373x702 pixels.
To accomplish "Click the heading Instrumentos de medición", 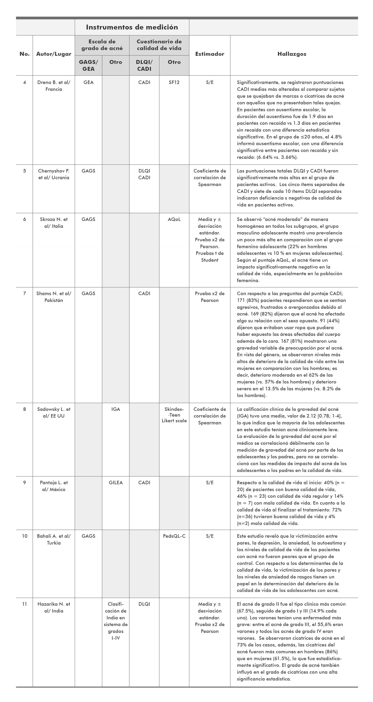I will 132,27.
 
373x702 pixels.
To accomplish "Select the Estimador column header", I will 210,54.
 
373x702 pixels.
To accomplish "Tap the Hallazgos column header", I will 292,54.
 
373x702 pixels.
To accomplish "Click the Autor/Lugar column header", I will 54,54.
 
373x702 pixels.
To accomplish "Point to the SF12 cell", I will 174,82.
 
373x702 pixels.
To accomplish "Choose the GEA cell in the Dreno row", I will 88,82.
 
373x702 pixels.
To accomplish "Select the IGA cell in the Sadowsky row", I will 116,409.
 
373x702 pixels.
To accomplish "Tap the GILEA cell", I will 116,483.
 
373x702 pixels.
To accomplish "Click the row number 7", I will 24,293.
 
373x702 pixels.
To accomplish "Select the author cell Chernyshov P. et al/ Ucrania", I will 54,174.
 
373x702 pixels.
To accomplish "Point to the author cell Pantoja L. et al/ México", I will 54,486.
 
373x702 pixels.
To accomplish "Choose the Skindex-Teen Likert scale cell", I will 174,415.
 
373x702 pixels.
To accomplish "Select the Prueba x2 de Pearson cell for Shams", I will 210,297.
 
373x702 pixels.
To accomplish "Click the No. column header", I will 24,54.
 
